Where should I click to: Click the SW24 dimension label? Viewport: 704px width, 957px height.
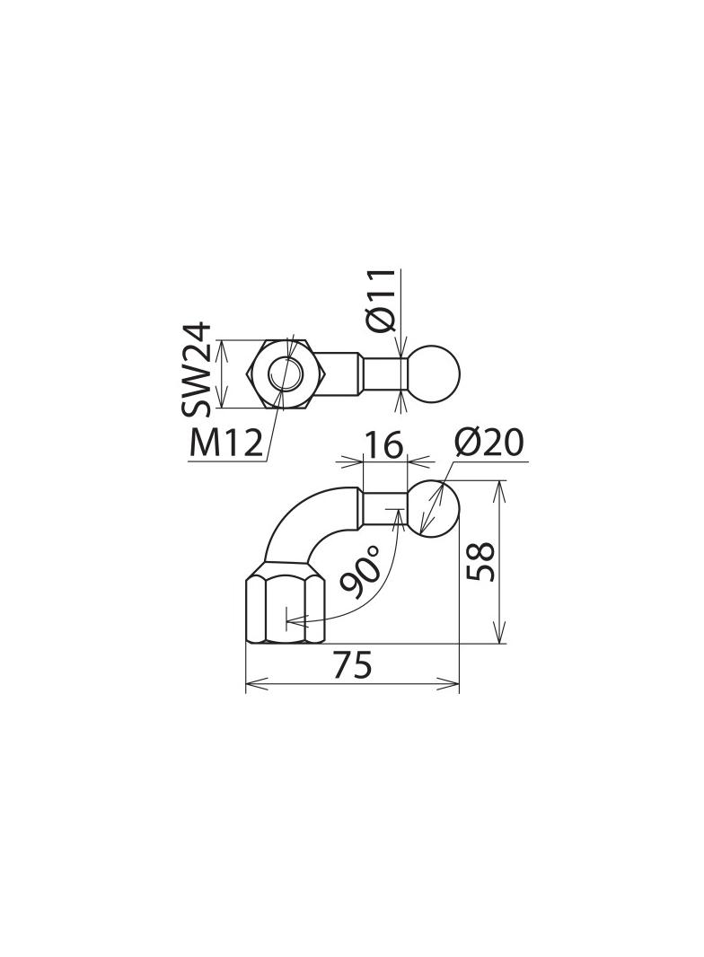coord(197,369)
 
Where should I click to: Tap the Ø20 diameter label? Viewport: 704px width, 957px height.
coord(489,443)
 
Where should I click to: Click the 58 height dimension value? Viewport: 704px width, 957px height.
coord(483,561)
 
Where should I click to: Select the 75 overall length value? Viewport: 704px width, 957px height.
coord(352,666)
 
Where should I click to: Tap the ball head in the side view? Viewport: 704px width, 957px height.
coord(435,508)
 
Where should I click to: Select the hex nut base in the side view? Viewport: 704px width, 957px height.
coord(285,610)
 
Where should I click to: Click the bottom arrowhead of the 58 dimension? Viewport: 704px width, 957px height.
coord(499,635)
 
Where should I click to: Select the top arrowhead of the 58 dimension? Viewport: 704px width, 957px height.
coord(499,488)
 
